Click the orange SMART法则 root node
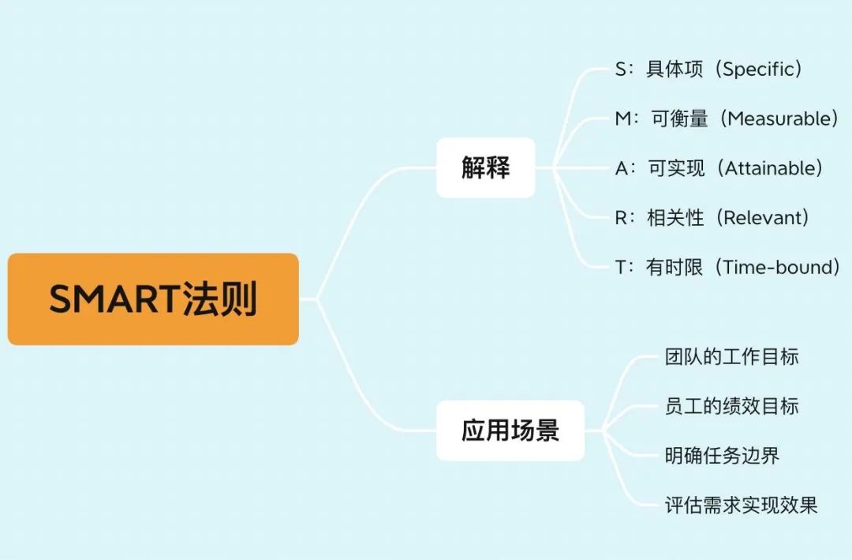[153, 299]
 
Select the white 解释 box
[486, 167]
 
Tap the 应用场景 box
[510, 430]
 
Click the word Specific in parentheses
[758, 70]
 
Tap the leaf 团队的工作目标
[732, 357]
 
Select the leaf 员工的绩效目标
[732, 407]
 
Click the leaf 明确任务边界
[722, 456]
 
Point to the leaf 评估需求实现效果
[741, 506]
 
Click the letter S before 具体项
[621, 70]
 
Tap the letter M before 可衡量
[622, 118]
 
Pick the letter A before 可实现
[622, 168]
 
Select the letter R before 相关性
[621, 218]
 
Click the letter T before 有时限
[621, 267]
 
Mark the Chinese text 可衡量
[680, 118]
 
